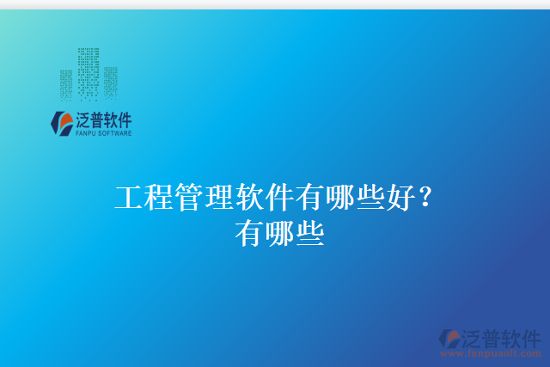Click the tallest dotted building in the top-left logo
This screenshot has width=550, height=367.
[x=88, y=72]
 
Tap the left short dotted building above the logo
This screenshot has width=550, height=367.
[x=66, y=83]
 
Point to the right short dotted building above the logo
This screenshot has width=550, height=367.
[x=110, y=83]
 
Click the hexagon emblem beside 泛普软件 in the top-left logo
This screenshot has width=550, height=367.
[x=61, y=124]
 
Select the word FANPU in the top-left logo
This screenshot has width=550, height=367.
[x=87, y=134]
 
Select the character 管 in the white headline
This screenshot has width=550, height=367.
[x=189, y=199]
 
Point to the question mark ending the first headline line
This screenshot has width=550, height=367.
[x=425, y=199]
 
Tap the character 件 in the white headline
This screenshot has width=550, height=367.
[x=279, y=199]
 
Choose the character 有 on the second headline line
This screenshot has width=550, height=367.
[x=249, y=232]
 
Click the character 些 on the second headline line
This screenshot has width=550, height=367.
[x=309, y=232]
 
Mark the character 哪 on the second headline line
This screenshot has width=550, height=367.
[x=279, y=232]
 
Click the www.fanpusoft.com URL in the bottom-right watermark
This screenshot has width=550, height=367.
[x=491, y=352]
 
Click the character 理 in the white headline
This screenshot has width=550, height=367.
[x=219, y=199]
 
